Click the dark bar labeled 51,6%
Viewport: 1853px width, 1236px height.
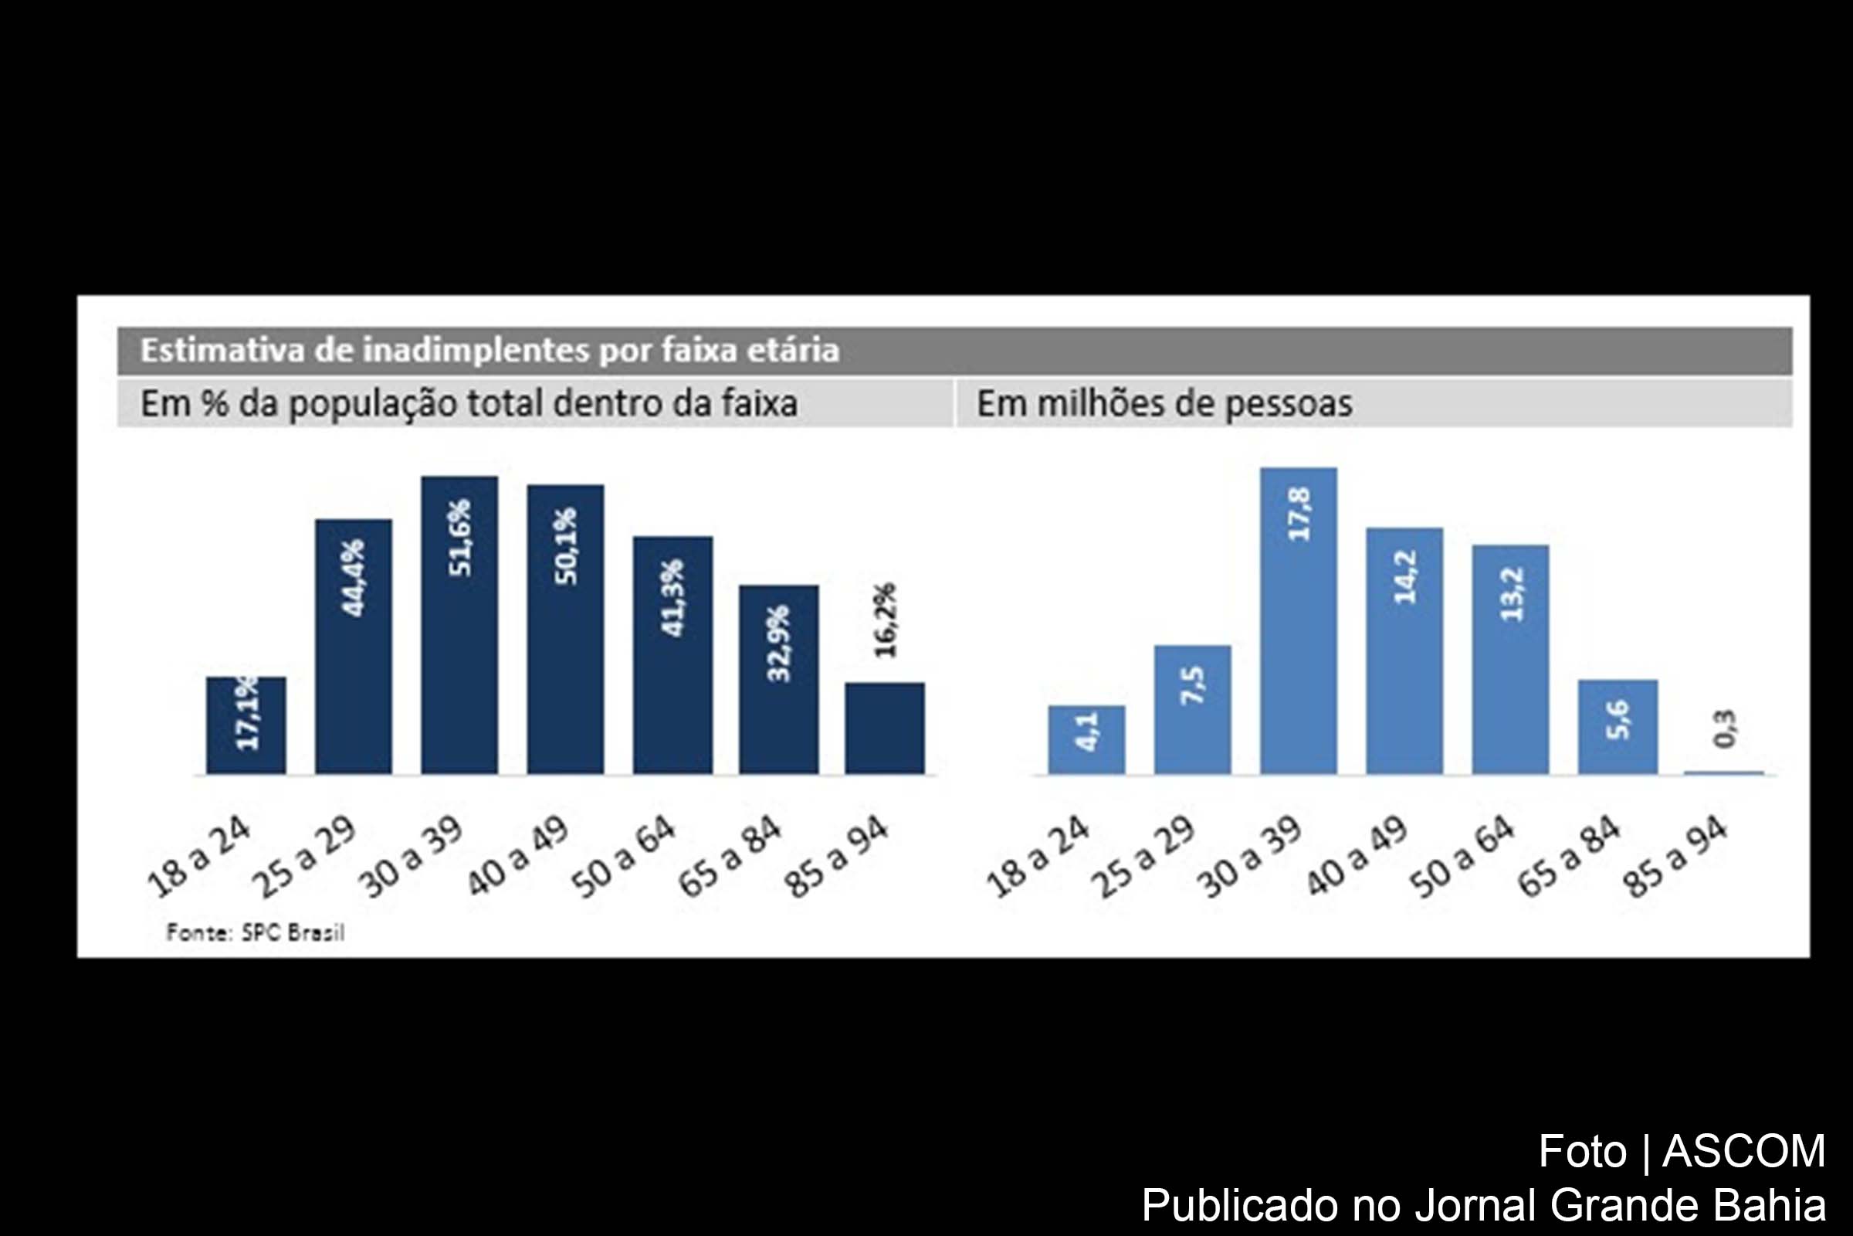[459, 624]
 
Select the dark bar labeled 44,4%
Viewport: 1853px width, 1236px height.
[353, 647]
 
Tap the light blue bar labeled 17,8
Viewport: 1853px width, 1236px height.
[1299, 620]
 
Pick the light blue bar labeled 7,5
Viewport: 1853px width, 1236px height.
[1192, 709]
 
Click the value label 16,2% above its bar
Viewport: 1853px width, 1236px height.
[886, 620]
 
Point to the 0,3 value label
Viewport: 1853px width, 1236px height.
[1725, 728]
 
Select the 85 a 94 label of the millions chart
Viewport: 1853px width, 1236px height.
[1676, 858]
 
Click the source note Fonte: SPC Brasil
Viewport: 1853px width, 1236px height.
[256, 932]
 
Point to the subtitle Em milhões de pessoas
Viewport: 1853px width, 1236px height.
[1164, 403]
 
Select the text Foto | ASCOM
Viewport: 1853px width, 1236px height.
[1682, 1151]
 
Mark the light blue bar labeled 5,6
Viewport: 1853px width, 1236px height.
[1618, 726]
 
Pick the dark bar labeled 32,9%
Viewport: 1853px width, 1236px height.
[778, 680]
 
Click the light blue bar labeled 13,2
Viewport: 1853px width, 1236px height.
[1510, 659]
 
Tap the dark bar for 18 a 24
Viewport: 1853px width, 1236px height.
[246, 725]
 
